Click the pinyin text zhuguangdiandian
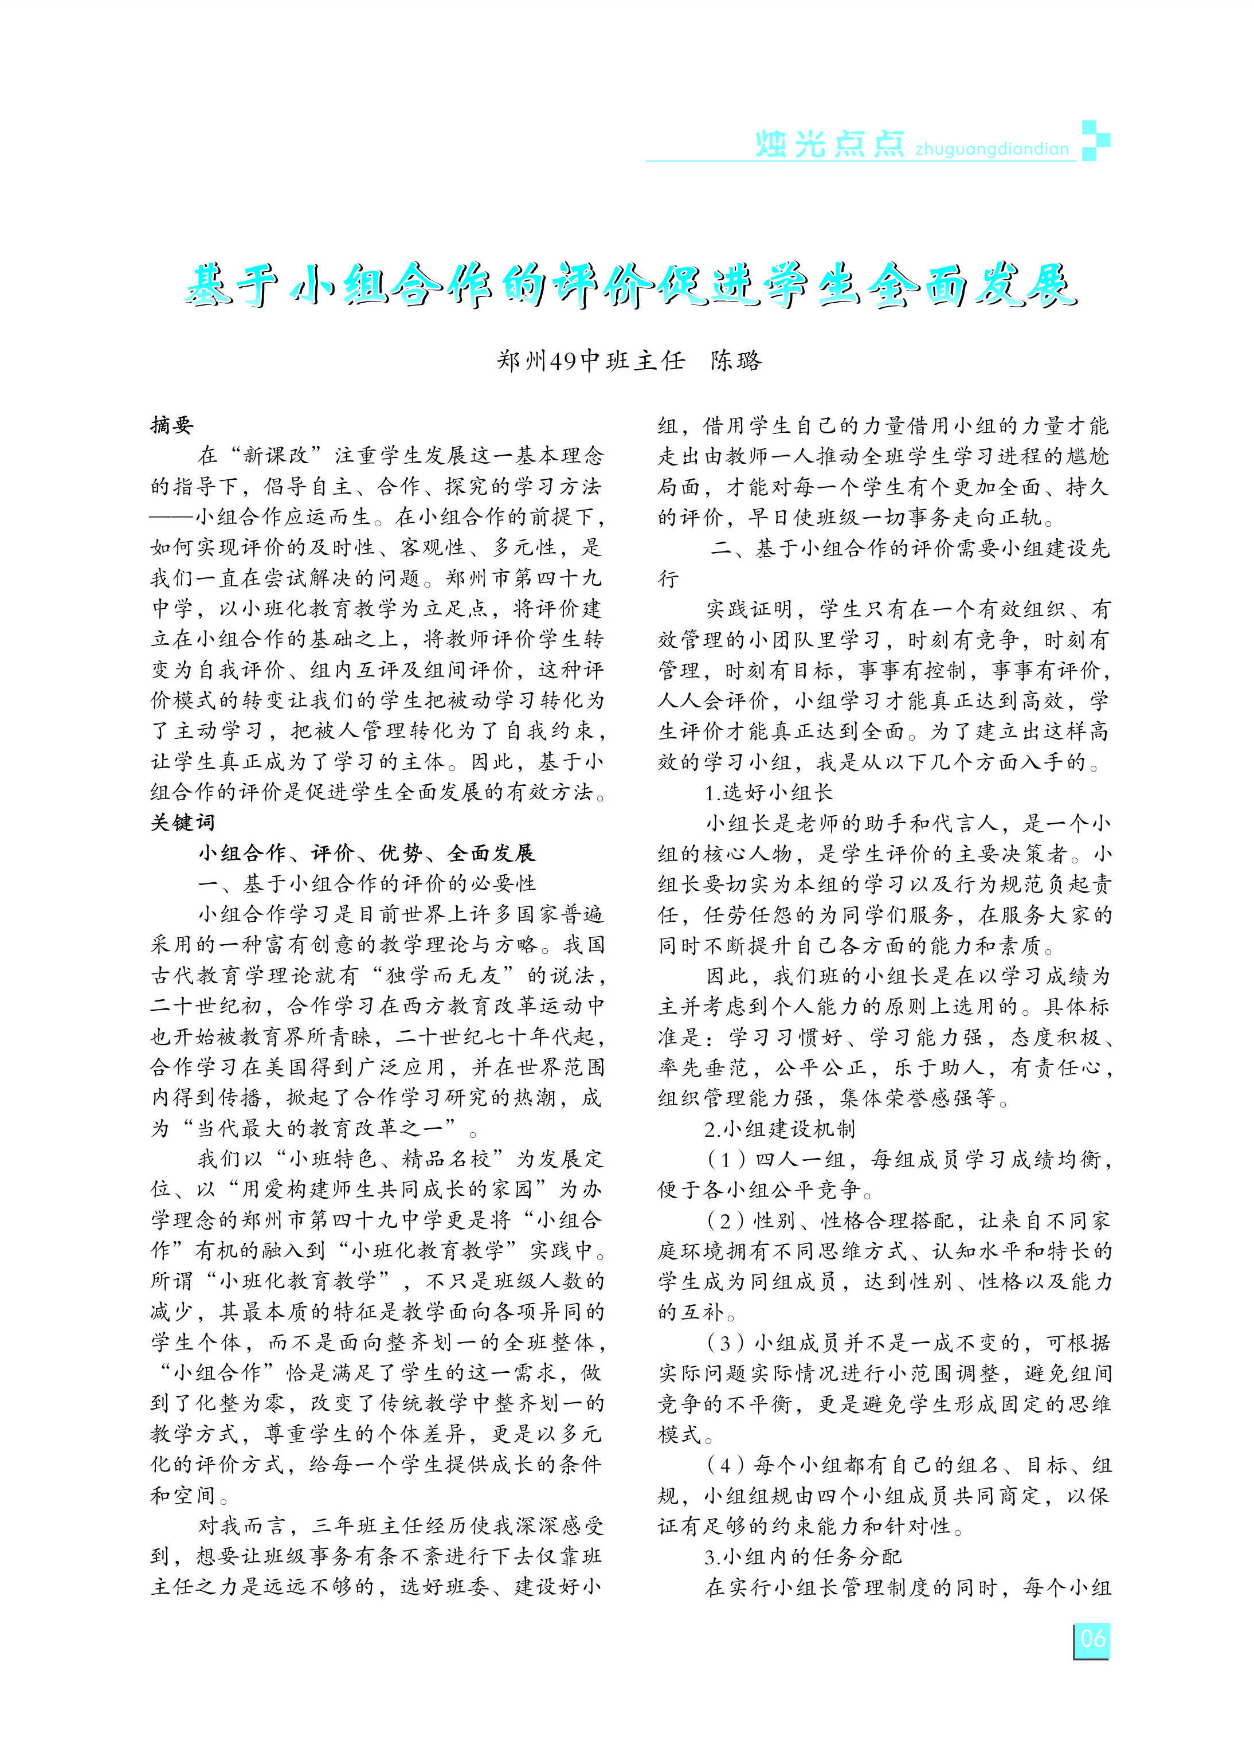pyautogui.click(x=992, y=149)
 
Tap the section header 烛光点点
pyautogui.click(x=829, y=144)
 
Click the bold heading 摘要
pyautogui.click(x=171, y=425)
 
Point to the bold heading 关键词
pyautogui.click(x=183, y=823)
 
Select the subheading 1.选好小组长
pyautogui.click(x=769, y=792)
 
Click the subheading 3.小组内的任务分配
pyautogui.click(x=802, y=1557)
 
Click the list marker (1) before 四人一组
pyautogui.click(x=725, y=1160)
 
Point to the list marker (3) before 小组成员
pyautogui.click(x=725, y=1343)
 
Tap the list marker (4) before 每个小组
pyautogui.click(x=725, y=1465)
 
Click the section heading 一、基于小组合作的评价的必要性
pyautogui.click(x=367, y=883)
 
